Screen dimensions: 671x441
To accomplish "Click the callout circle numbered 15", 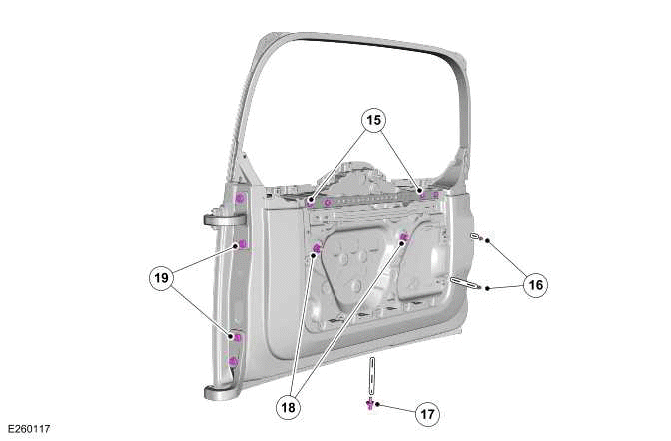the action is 374,121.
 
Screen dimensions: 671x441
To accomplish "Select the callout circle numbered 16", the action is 535,285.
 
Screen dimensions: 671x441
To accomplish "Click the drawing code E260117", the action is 28,429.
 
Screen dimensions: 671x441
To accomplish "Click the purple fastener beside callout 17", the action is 370,403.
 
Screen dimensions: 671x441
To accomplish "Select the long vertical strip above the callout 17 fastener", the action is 371,376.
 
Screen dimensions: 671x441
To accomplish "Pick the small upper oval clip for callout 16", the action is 475,236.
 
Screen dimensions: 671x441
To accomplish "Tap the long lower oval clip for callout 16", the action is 463,283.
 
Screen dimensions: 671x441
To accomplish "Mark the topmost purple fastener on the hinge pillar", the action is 240,198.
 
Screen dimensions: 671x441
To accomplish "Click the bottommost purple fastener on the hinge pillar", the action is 233,361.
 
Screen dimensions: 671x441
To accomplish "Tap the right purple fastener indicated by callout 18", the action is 403,237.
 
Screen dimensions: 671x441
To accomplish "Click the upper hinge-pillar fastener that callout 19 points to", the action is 241,244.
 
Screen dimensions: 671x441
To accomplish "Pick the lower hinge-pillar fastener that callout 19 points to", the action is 237,337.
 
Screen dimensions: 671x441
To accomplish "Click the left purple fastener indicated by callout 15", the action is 311,201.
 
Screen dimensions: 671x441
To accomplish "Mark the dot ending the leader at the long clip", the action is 487,288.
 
